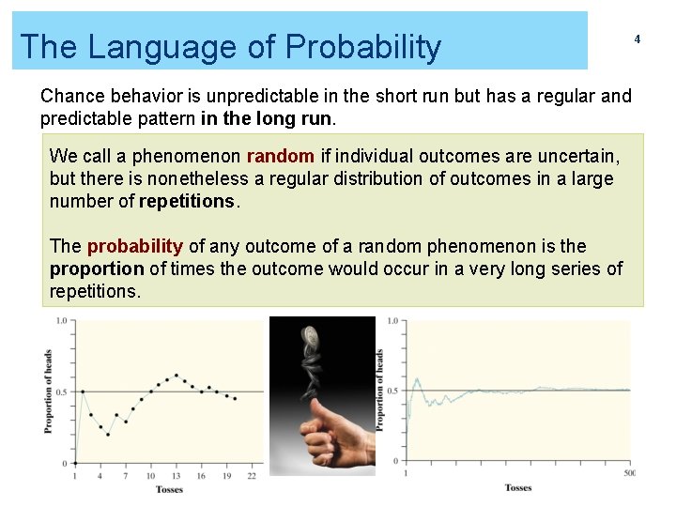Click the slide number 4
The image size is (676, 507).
click(637, 39)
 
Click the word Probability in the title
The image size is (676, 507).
click(364, 46)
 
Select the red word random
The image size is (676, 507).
click(280, 156)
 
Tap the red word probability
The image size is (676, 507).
click(134, 246)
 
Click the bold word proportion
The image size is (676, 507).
click(96, 269)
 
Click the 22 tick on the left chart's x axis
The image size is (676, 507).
click(252, 476)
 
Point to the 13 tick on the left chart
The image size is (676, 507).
click(177, 476)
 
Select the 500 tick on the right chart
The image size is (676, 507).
click(629, 472)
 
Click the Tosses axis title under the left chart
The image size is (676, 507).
click(169, 490)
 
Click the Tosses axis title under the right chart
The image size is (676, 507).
click(517, 487)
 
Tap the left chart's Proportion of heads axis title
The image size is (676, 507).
click(47, 392)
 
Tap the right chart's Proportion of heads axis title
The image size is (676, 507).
click(380, 389)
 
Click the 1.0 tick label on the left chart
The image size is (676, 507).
click(61, 321)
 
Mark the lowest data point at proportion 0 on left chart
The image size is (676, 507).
click(75, 463)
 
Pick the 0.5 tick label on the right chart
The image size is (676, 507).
click(392, 390)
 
